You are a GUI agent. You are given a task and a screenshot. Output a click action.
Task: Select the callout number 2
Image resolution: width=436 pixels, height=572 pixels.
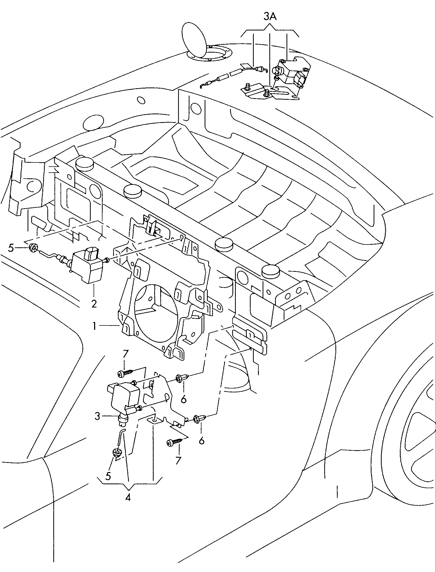[x=94, y=303]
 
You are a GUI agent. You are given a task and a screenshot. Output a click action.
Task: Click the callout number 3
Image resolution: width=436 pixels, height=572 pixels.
[x=97, y=416]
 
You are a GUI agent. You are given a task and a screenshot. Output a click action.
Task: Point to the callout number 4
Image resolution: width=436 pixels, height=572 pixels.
[x=128, y=497]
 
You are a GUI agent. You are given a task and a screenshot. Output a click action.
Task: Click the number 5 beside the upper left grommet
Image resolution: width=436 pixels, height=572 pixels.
[x=11, y=248]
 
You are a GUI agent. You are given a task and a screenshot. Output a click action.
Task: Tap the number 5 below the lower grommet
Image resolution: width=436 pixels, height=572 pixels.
[x=108, y=476]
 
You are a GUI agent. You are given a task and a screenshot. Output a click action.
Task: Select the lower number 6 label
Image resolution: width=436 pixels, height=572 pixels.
[x=201, y=441]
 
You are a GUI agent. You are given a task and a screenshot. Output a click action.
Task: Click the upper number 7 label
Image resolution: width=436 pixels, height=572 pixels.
[x=126, y=355]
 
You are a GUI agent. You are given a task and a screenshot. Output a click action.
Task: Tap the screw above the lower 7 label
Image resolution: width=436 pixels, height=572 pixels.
[x=174, y=442]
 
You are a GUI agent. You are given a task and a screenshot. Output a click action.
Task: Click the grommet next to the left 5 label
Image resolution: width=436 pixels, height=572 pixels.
[x=33, y=248]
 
